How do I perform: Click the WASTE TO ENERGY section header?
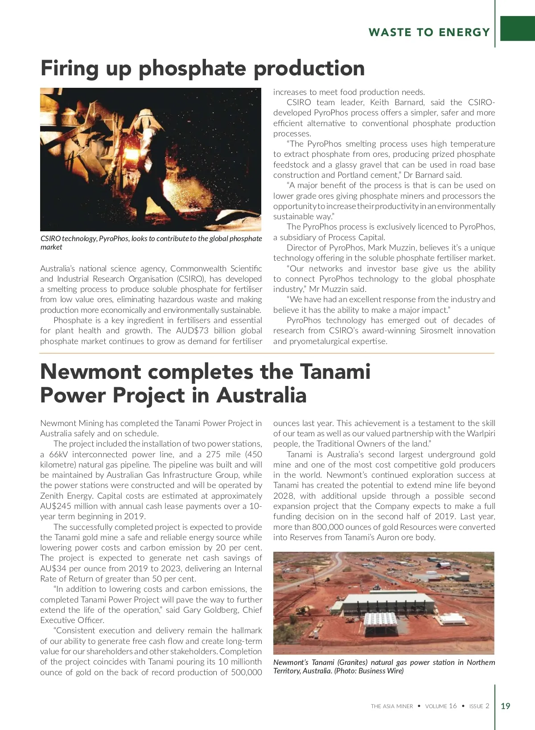pos(429,33)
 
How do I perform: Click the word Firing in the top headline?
pos(69,69)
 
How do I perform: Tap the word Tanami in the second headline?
pos(335,372)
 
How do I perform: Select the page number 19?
pos(506,706)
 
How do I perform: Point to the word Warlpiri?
pos(481,434)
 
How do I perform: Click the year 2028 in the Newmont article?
pos(284,496)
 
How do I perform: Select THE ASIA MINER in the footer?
pos(392,706)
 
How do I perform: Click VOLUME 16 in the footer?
pos(441,706)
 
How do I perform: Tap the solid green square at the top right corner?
pos(518,29)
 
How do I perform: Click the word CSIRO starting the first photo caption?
pos(50,239)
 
